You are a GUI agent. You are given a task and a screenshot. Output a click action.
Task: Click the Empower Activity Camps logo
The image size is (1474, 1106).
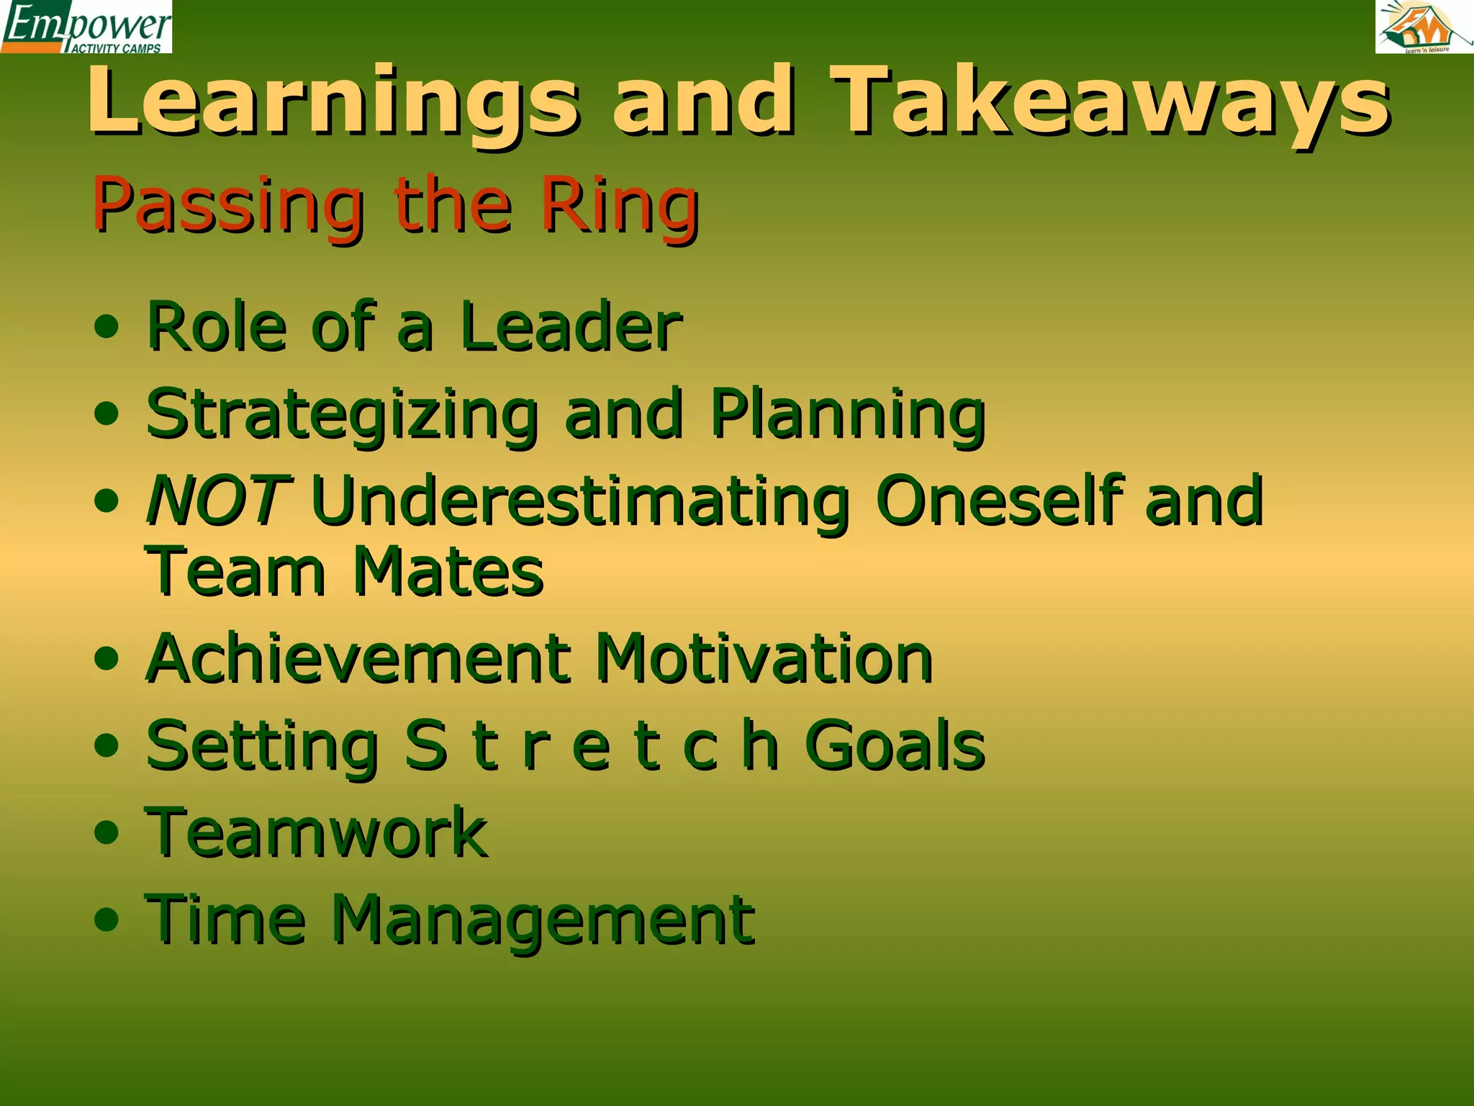point(86,27)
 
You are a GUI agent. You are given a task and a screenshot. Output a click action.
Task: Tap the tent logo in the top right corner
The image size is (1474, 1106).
point(1424,27)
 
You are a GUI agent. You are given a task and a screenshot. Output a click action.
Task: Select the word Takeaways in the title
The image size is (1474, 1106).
point(1112,101)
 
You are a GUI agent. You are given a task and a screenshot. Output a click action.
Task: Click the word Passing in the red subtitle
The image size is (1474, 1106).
point(228,206)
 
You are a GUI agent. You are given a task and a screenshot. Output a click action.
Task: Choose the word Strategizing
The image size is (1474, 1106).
point(342,415)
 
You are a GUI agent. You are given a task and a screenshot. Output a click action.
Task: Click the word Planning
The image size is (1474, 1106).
point(848,415)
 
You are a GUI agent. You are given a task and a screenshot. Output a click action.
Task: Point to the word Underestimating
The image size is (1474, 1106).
point(580,501)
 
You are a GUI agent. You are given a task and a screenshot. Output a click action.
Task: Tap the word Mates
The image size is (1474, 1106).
point(448,572)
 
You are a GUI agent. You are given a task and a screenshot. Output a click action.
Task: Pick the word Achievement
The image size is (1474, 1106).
point(358,659)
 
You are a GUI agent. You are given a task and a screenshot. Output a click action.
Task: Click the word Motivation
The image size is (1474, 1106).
point(764,659)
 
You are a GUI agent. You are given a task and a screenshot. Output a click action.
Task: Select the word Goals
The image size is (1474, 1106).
point(895,746)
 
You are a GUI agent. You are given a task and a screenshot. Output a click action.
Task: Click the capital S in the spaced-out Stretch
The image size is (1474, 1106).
point(425,746)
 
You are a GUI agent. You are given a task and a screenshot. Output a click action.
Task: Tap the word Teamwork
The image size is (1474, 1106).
point(317,833)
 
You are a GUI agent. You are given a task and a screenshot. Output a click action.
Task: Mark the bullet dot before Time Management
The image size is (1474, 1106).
point(107,920)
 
